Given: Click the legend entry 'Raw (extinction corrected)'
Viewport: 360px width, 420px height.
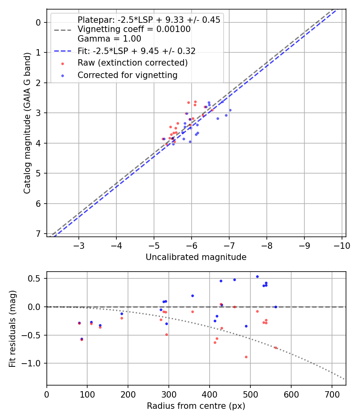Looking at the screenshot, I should (x=132, y=63).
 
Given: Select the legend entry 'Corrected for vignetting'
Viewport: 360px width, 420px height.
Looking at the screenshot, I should (x=127, y=75).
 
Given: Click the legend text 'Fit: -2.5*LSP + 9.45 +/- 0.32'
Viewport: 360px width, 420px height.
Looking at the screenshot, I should (x=136, y=51).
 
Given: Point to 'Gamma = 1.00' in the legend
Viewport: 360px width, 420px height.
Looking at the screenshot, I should (x=109, y=39).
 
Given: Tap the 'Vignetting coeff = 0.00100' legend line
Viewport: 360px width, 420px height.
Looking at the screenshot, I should (x=134, y=29).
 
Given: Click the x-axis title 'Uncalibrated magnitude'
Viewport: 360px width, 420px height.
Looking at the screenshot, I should (x=196, y=257).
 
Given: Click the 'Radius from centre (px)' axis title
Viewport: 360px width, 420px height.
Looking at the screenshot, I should (x=196, y=406).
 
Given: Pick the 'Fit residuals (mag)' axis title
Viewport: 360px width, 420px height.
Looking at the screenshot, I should (x=13, y=329).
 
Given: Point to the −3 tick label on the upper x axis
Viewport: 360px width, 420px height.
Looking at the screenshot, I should (x=79, y=245).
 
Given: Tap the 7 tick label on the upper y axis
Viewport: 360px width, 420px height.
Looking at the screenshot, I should (x=39, y=234).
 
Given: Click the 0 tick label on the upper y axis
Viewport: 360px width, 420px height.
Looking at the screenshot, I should (x=39, y=22).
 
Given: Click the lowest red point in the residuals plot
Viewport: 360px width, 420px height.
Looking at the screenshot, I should (x=246, y=357).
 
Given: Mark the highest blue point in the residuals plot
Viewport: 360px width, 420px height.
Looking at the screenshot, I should (x=257, y=276).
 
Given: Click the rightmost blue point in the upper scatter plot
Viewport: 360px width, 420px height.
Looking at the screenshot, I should (x=230, y=110).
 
